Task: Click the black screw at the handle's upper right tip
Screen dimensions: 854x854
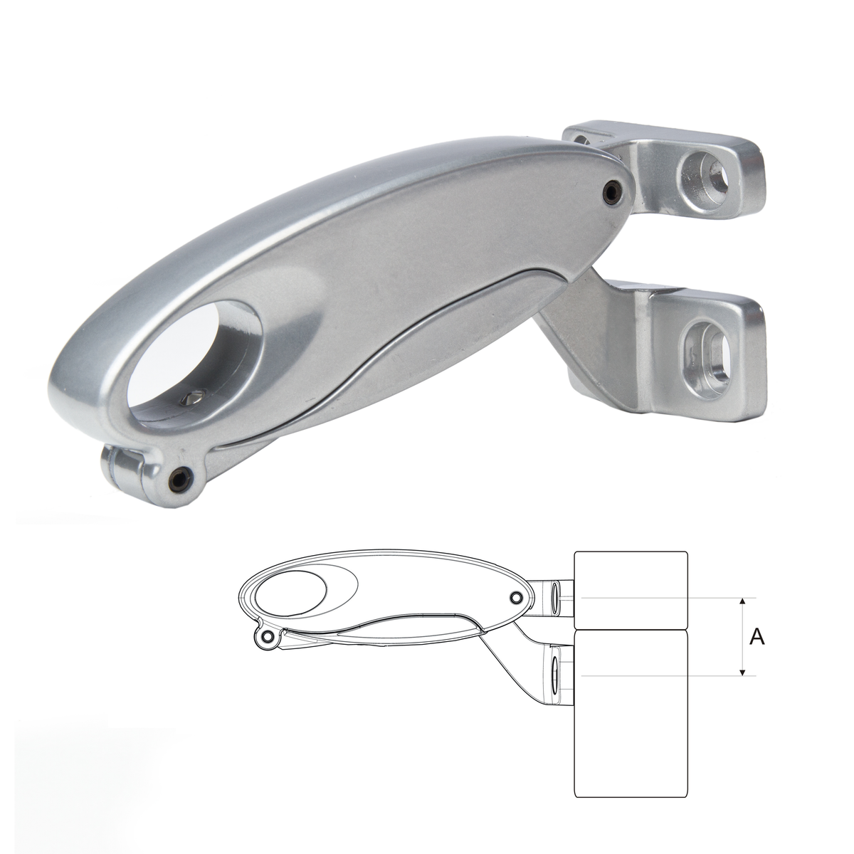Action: tap(610, 190)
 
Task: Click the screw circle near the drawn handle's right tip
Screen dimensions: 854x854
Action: tap(515, 597)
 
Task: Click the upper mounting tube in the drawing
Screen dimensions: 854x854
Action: tap(556, 596)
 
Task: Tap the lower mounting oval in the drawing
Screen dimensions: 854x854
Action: tap(554, 673)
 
